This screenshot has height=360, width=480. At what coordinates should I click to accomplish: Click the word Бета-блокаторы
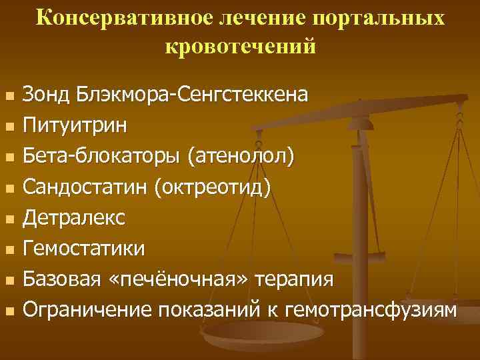click(x=103, y=157)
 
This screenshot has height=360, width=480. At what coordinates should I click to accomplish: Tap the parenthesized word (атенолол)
click(x=241, y=157)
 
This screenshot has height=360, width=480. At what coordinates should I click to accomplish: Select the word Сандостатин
click(x=86, y=187)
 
